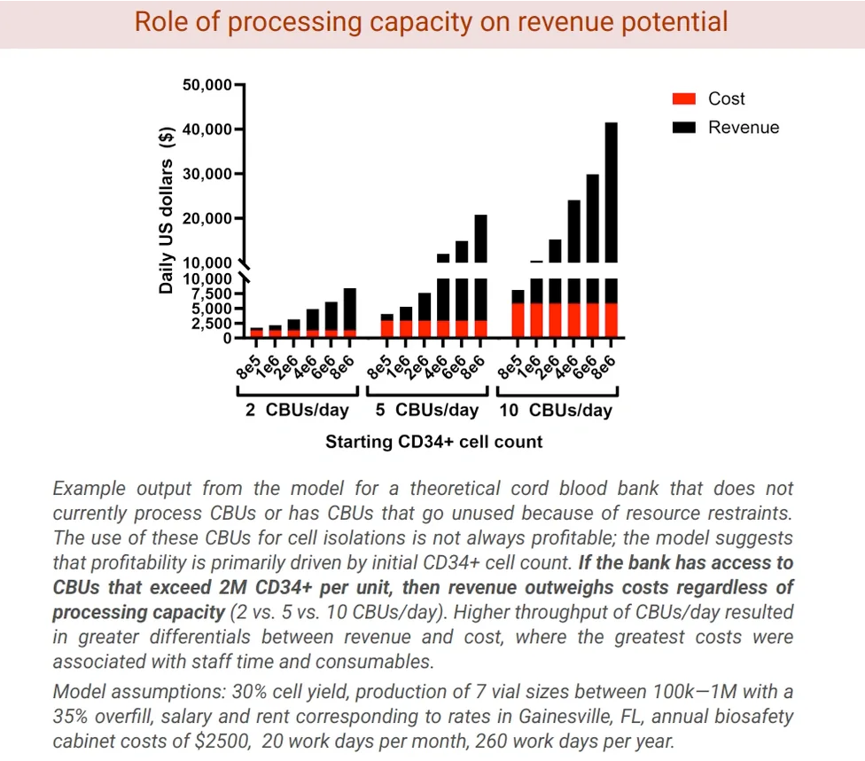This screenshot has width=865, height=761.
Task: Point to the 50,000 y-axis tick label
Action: coord(206,85)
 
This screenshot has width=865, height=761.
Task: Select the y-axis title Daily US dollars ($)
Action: coord(166,211)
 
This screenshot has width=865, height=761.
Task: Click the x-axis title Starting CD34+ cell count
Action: coord(433,442)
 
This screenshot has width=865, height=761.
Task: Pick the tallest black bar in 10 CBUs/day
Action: coord(612,192)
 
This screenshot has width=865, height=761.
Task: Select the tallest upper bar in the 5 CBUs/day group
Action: coord(480,238)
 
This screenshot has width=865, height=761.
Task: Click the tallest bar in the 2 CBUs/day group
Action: coord(350,309)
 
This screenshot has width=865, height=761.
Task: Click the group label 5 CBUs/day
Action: coord(427,411)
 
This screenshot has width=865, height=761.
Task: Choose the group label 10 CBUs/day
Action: coord(556,411)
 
